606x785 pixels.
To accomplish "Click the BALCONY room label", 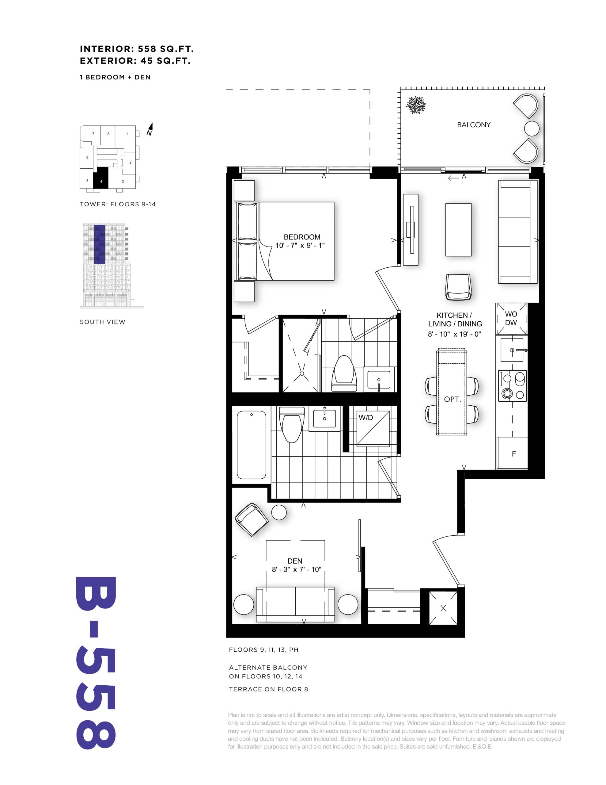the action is coord(473,125).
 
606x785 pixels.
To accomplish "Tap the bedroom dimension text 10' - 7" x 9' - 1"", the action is coord(300,246).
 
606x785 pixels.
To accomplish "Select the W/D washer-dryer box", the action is coord(373,428).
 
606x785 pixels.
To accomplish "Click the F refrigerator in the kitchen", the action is coord(512,453).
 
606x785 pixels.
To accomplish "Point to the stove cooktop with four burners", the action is coord(512,386).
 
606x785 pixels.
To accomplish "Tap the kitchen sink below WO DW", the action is coord(512,349).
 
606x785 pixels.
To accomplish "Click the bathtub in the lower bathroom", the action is coord(252,445).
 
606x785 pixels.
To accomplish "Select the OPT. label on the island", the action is coord(452,399).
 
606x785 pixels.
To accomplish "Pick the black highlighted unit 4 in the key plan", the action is coord(100,178).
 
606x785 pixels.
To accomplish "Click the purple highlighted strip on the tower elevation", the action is coord(100,244).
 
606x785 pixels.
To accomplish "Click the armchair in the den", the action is coord(252,519).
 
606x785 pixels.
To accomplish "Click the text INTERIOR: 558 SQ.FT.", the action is coord(137,49).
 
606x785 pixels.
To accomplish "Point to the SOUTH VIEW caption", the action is coord(102,322).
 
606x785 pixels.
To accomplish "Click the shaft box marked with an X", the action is coord(443,608).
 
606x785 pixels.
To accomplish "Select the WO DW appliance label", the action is coord(511,319).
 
